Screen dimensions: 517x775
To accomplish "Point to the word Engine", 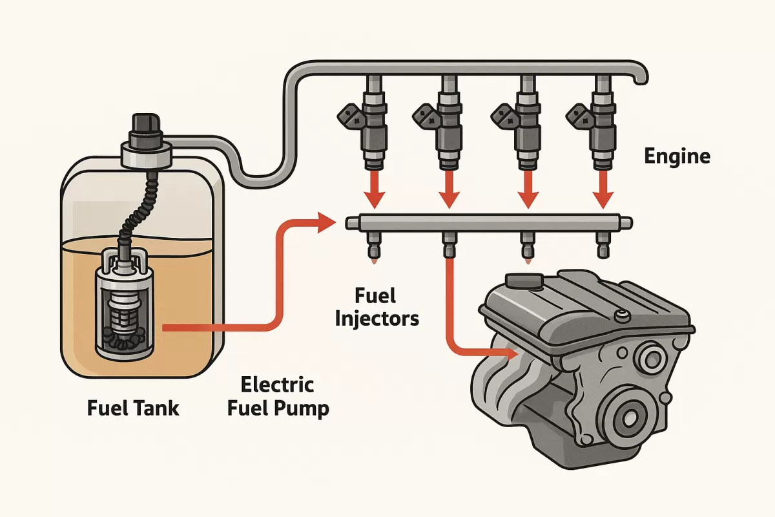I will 677,156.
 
